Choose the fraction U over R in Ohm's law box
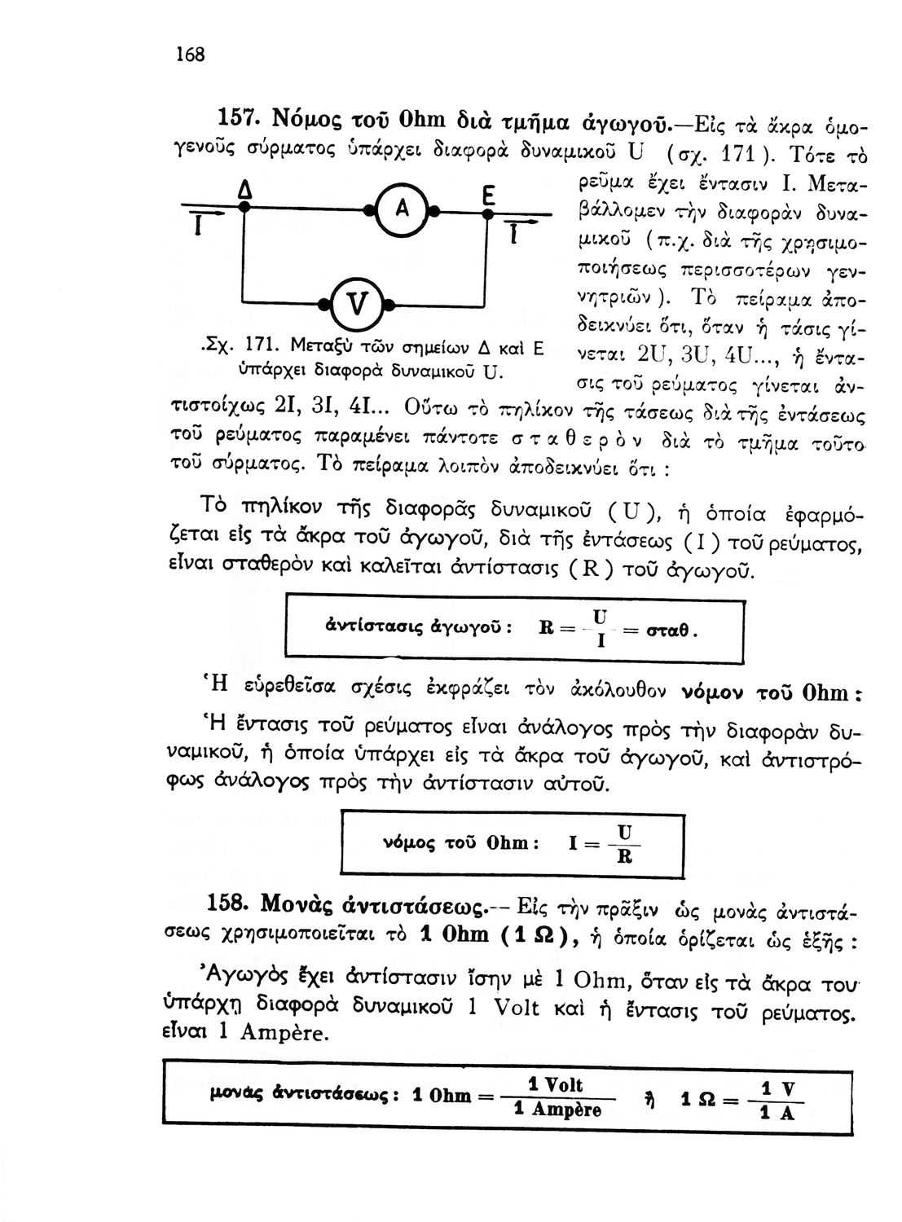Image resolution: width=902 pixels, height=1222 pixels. [x=624, y=844]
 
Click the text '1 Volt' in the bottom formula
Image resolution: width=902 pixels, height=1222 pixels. [x=556, y=1085]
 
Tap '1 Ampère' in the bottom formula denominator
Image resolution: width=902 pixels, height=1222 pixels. [x=558, y=1111]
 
